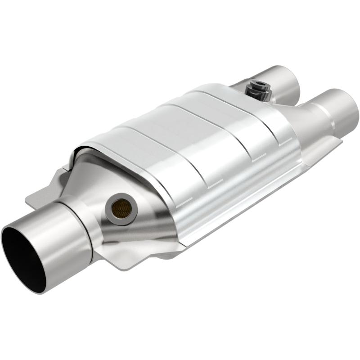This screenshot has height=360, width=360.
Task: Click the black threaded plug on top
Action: click(x=259, y=88)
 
